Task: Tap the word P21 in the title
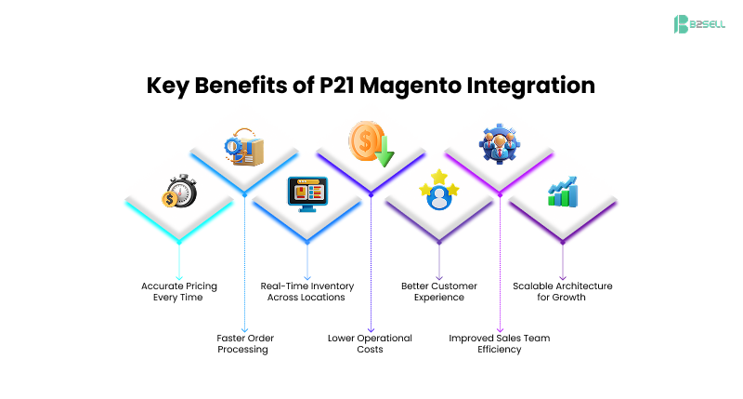click(340, 86)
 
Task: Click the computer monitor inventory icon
click(306, 194)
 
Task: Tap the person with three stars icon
click(438, 193)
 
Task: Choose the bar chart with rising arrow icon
click(563, 193)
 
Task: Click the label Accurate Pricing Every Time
click(178, 291)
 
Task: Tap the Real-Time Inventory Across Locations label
click(306, 291)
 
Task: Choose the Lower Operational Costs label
click(371, 343)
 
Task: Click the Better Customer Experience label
click(438, 291)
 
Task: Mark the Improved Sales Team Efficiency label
click(500, 343)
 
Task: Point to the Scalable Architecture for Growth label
click(563, 291)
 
